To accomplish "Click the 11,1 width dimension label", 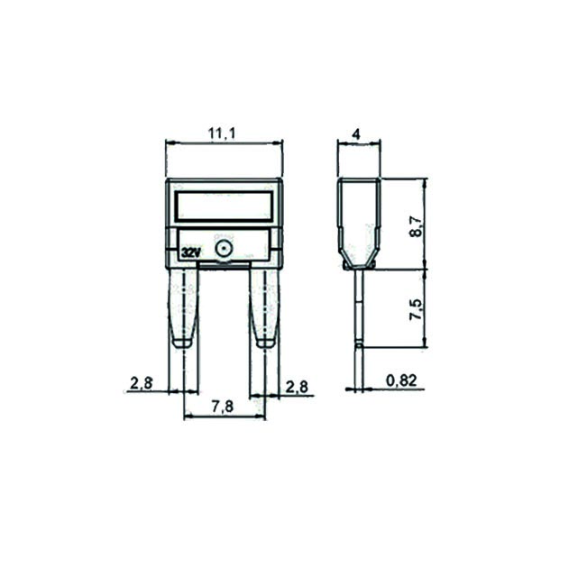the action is point(222,133).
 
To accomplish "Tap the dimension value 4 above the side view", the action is point(356,134).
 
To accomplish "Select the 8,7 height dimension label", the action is point(417,226).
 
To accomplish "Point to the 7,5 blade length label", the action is point(417,309).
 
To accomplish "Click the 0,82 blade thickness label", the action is point(401,380).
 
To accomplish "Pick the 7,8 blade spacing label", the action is point(223,407).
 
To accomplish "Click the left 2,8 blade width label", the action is point(142,383).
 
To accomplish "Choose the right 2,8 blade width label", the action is point(297,387).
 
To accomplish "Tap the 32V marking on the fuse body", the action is point(191,252).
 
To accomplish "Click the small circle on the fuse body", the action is point(224,250).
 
